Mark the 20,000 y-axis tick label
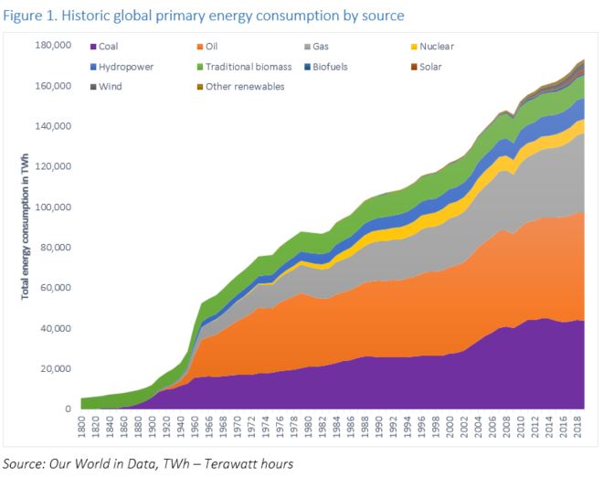point(58,368)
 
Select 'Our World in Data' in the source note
point(100,465)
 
